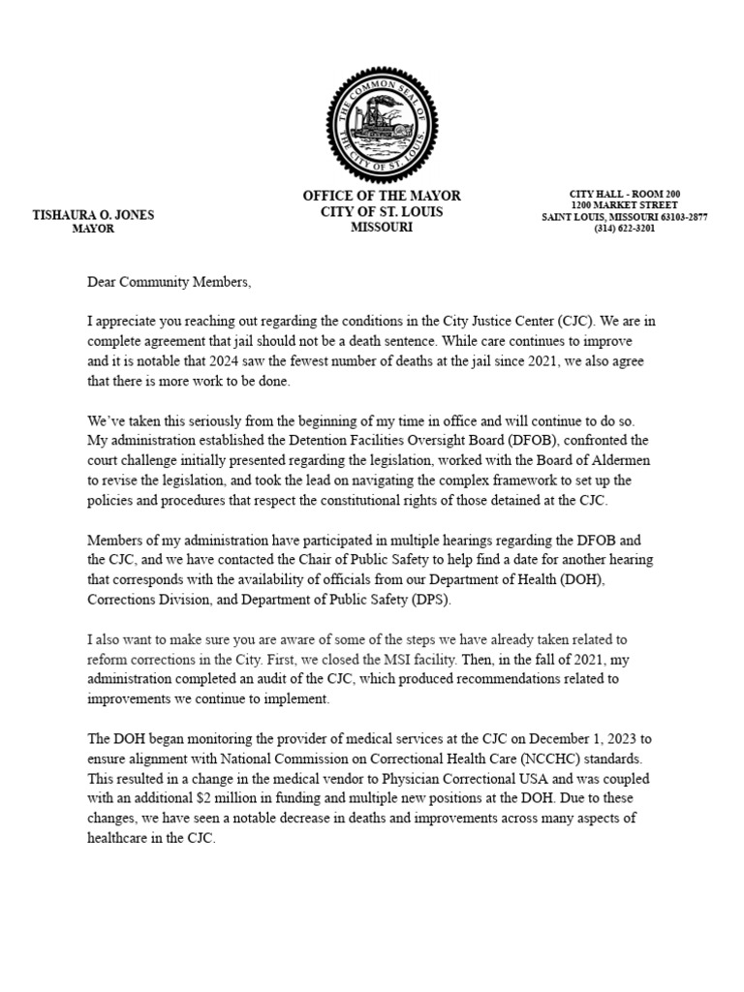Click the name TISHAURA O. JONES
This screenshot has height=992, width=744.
pos(93,215)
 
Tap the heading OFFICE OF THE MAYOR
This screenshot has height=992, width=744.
pos(382,197)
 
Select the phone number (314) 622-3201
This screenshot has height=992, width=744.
pos(625,230)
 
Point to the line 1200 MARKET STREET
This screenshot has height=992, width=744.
pos(624,205)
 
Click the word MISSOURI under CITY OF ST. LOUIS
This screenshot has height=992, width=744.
pos(382,228)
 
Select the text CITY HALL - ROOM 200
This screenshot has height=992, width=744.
pos(624,194)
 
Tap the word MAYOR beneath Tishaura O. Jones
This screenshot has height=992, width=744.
pos(93,230)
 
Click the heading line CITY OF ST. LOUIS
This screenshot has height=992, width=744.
pos(382,212)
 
